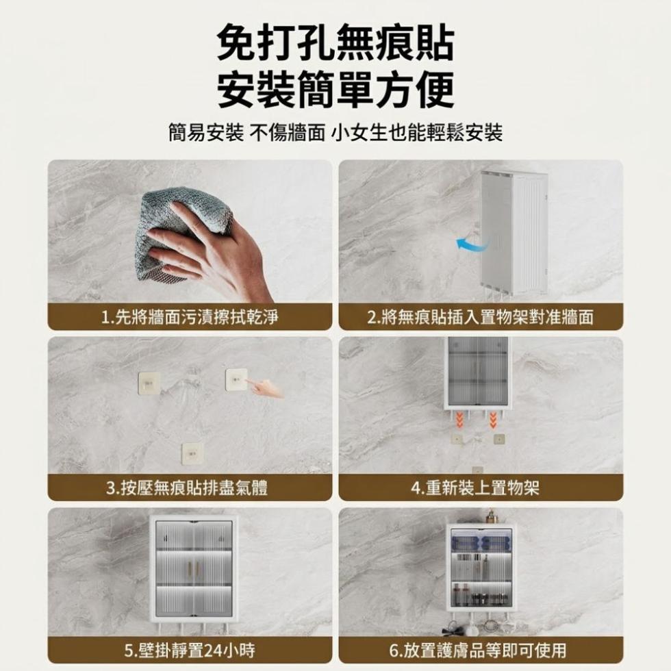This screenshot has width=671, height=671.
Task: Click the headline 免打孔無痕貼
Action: [x=335, y=44]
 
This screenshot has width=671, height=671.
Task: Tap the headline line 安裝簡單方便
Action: [x=335, y=90]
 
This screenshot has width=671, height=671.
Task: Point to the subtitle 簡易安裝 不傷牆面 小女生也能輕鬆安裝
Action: [x=335, y=132]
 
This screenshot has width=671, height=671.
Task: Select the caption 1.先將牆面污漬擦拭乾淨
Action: [x=190, y=317]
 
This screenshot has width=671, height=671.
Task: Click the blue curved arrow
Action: [x=472, y=244]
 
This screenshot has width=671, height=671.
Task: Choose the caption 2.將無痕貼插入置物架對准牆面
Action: [x=481, y=317]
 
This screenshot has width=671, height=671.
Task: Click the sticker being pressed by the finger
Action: [x=236, y=379]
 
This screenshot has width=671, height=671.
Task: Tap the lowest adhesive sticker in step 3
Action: [x=192, y=453]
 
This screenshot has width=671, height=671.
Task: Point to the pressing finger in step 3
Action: [x=266, y=388]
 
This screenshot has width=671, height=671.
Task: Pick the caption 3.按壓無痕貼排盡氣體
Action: [x=187, y=488]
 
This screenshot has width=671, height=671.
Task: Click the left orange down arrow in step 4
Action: [x=459, y=420]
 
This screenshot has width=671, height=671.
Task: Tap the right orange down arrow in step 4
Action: [x=493, y=420]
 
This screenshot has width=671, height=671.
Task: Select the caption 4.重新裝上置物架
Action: [x=475, y=488]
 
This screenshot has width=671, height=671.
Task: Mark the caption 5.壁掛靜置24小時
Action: [x=190, y=650]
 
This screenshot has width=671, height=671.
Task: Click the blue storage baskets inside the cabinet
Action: [x=480, y=542]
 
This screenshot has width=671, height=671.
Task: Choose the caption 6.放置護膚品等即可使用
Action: [x=478, y=650]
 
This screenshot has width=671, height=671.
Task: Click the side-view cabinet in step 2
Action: [x=514, y=234]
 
